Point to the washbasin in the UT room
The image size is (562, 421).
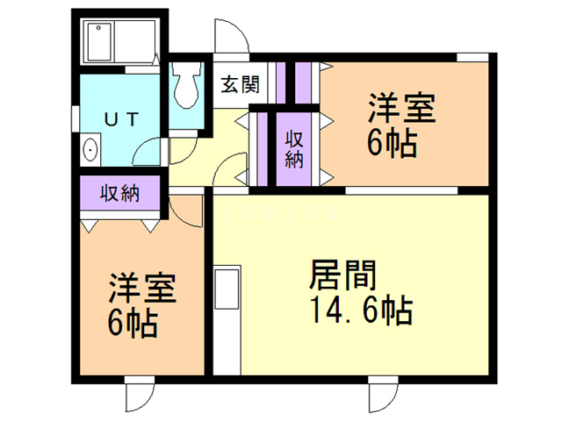click(x=90, y=150)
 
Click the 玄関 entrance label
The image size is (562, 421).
click(x=239, y=85)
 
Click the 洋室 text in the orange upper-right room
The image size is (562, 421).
click(x=400, y=112)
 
